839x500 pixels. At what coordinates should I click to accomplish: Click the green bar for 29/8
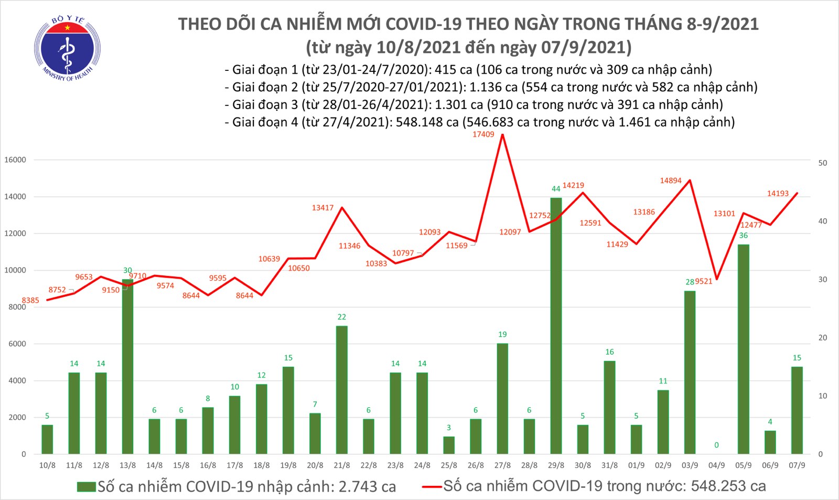tap(556, 325)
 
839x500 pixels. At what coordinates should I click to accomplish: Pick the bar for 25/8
tap(449, 445)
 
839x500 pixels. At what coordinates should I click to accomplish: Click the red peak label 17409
tap(483, 134)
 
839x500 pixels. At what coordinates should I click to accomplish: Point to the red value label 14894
tap(671, 180)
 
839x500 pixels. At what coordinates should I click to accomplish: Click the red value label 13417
tap(322, 208)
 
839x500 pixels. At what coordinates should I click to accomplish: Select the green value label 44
tap(556, 189)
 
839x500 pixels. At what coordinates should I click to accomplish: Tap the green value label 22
tap(342, 317)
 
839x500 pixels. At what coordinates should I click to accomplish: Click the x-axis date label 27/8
tap(502, 465)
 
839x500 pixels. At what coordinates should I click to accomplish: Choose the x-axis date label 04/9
tap(716, 465)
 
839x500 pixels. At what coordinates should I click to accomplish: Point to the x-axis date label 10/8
tap(47, 465)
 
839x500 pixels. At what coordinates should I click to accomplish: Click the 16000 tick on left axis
tap(15, 160)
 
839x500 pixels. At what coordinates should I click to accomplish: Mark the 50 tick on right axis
tap(823, 163)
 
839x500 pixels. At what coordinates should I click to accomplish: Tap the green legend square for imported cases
tap(86, 487)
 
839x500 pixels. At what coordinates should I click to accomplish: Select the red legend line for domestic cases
tap(432, 487)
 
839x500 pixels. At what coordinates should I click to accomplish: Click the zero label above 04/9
tap(716, 445)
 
